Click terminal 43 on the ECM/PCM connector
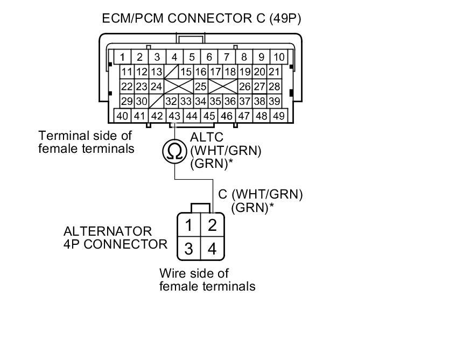click(x=174, y=116)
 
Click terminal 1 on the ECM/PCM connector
click(x=123, y=57)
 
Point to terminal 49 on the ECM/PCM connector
click(x=279, y=116)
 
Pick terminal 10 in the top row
click(x=279, y=57)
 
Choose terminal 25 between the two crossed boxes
click(x=201, y=87)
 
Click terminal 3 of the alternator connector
click(x=188, y=249)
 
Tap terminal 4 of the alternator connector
click(x=212, y=249)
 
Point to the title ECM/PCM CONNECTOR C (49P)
click(x=201, y=19)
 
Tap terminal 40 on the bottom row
click(x=123, y=116)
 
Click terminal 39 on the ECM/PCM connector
click(x=275, y=101)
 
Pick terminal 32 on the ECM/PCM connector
click(x=172, y=101)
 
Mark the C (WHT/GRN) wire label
click(x=261, y=194)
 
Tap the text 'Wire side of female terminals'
click(x=207, y=279)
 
